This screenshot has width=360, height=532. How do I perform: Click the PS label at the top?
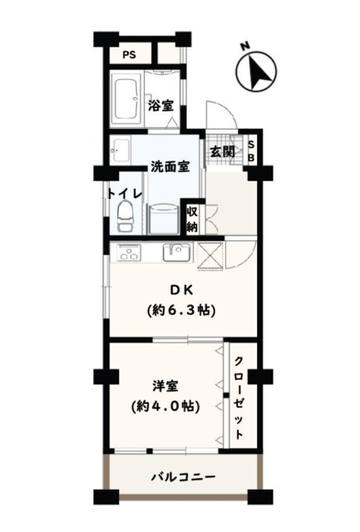[x=129, y=55]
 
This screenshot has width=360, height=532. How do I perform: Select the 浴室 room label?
[x=160, y=106]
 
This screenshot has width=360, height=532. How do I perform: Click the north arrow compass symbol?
[x=257, y=71]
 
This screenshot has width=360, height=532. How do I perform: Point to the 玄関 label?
[x=222, y=151]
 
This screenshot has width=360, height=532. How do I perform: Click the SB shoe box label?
[x=251, y=151]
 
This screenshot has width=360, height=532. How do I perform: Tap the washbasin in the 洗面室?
[x=121, y=150]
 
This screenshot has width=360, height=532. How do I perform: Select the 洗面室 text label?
[x=170, y=166]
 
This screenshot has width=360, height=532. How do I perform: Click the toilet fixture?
[x=125, y=216]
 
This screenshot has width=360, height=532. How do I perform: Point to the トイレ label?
[x=124, y=194]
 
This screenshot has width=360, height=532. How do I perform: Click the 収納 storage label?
[x=192, y=219]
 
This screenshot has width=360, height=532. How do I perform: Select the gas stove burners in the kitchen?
[x=128, y=253]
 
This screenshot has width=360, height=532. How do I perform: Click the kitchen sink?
[x=176, y=253]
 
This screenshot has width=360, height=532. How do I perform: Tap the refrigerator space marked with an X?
[x=210, y=256]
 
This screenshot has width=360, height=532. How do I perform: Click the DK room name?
[x=181, y=290]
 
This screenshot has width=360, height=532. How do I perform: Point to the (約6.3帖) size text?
[x=181, y=310]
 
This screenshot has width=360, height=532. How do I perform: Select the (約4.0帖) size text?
[x=165, y=406]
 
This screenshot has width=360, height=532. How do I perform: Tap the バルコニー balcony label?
[x=183, y=477]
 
